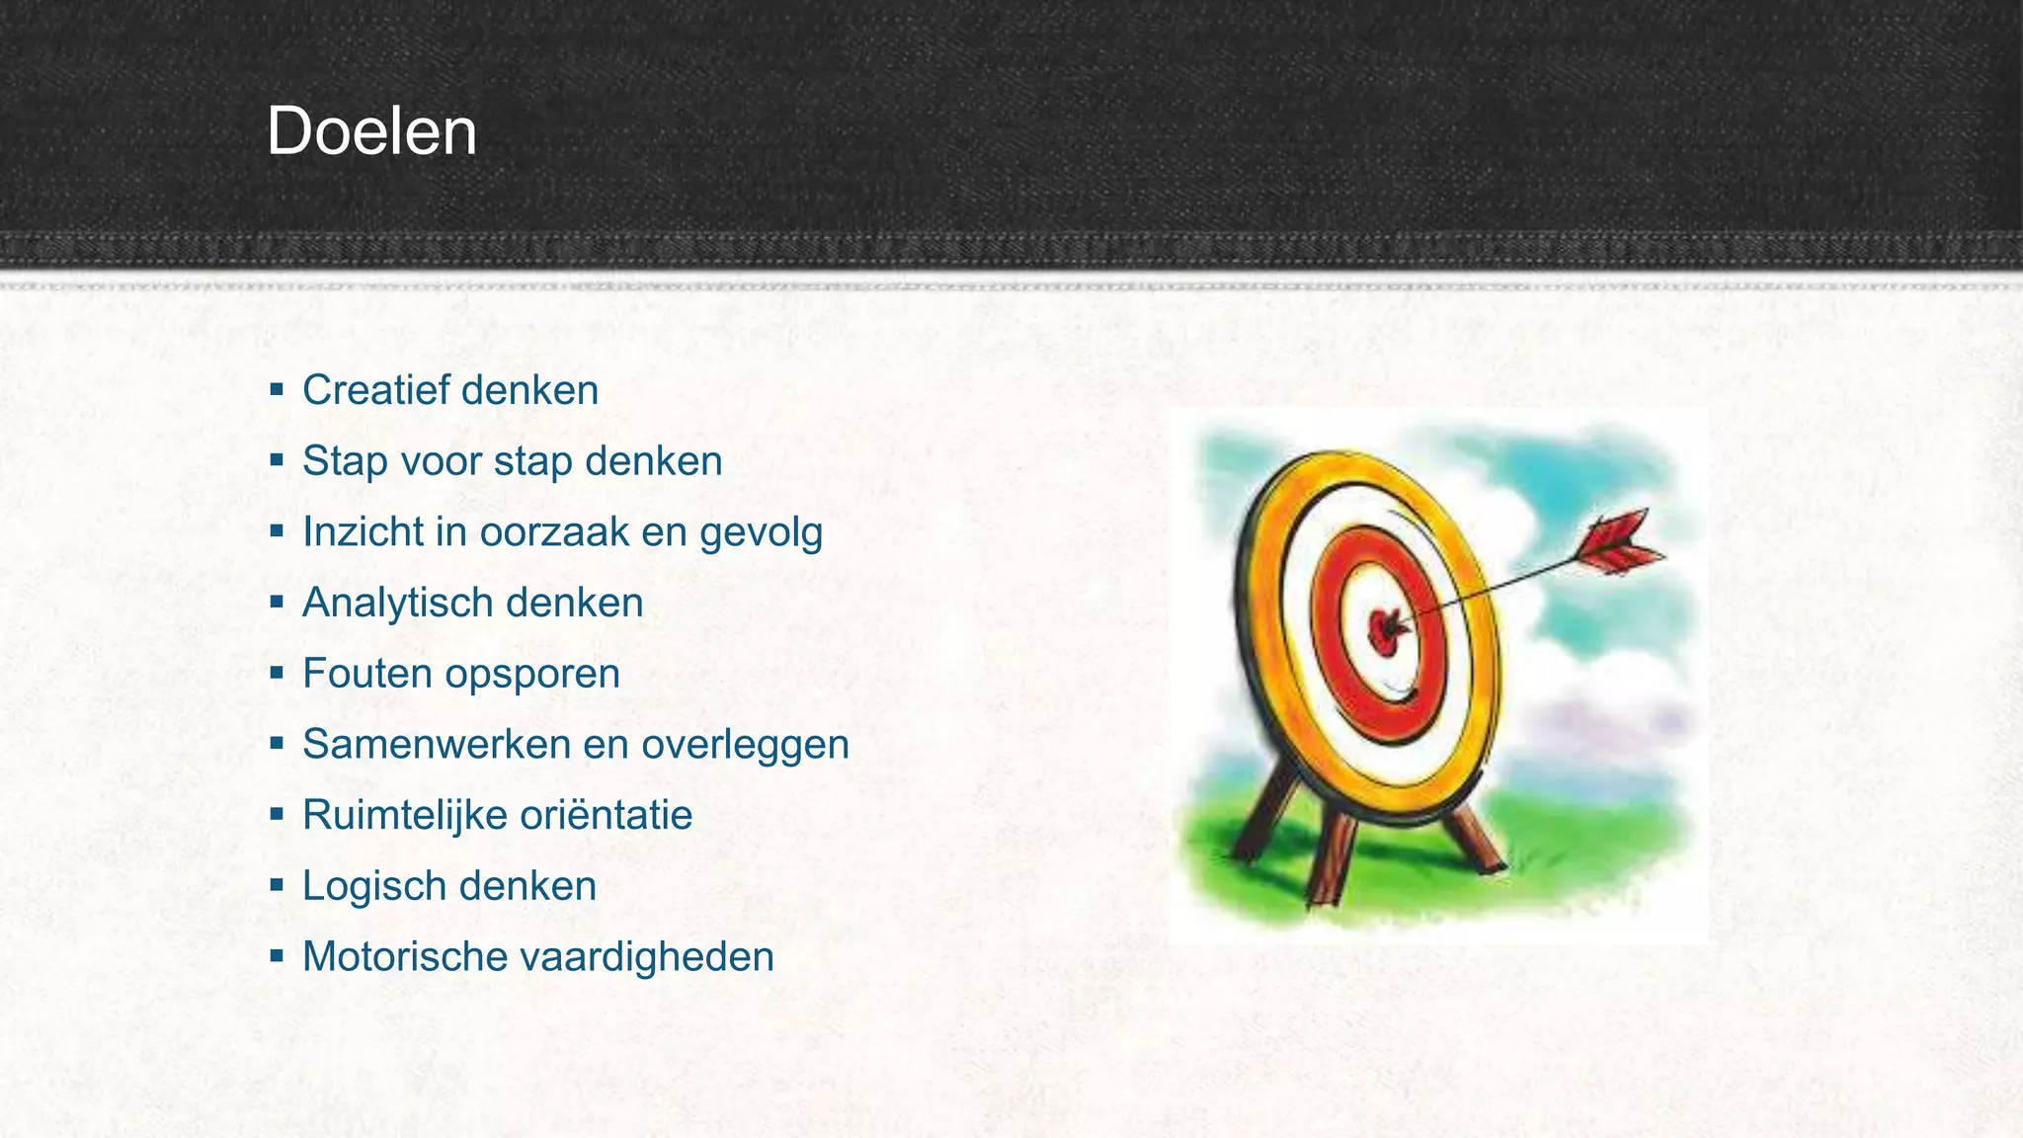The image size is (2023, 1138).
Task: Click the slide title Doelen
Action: pyautogui.click(x=371, y=131)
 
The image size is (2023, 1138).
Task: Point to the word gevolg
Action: pyautogui.click(x=761, y=533)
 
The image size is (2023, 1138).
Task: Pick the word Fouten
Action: pyautogui.click(x=366, y=674)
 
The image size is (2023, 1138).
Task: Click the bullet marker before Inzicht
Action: pyautogui.click(x=277, y=531)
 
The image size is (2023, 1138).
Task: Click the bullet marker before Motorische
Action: pyautogui.click(x=277, y=956)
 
